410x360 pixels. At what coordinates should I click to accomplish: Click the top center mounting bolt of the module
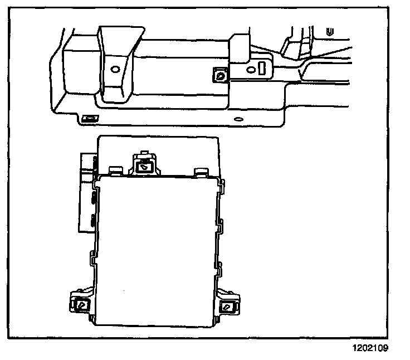coord(144,164)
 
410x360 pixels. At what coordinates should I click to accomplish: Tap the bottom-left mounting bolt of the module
coord(82,304)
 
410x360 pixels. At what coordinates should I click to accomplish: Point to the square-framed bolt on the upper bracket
coord(221,75)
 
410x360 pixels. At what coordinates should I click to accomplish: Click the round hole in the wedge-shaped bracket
coord(115,70)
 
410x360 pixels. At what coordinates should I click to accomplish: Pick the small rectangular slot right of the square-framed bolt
coord(262,69)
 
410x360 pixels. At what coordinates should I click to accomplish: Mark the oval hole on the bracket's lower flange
coord(238,119)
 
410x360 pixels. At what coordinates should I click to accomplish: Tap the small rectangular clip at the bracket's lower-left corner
coord(89,118)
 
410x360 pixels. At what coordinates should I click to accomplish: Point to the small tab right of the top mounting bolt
coord(199,170)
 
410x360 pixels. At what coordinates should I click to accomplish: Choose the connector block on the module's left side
coord(87,192)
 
